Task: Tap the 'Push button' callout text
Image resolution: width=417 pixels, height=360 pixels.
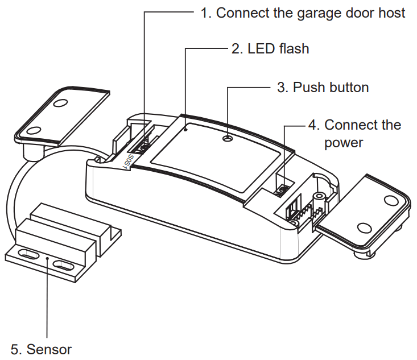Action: tap(323, 88)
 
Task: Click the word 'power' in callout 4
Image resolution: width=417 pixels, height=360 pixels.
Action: tap(343, 142)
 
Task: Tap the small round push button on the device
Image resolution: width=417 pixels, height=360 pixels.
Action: tap(228, 138)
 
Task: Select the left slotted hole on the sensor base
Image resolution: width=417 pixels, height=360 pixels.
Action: tap(27, 254)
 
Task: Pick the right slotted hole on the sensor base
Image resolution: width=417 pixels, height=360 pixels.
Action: tap(64, 264)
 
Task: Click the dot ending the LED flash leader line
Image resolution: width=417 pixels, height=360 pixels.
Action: tap(186, 129)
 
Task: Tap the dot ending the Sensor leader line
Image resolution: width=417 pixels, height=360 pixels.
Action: tap(47, 259)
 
